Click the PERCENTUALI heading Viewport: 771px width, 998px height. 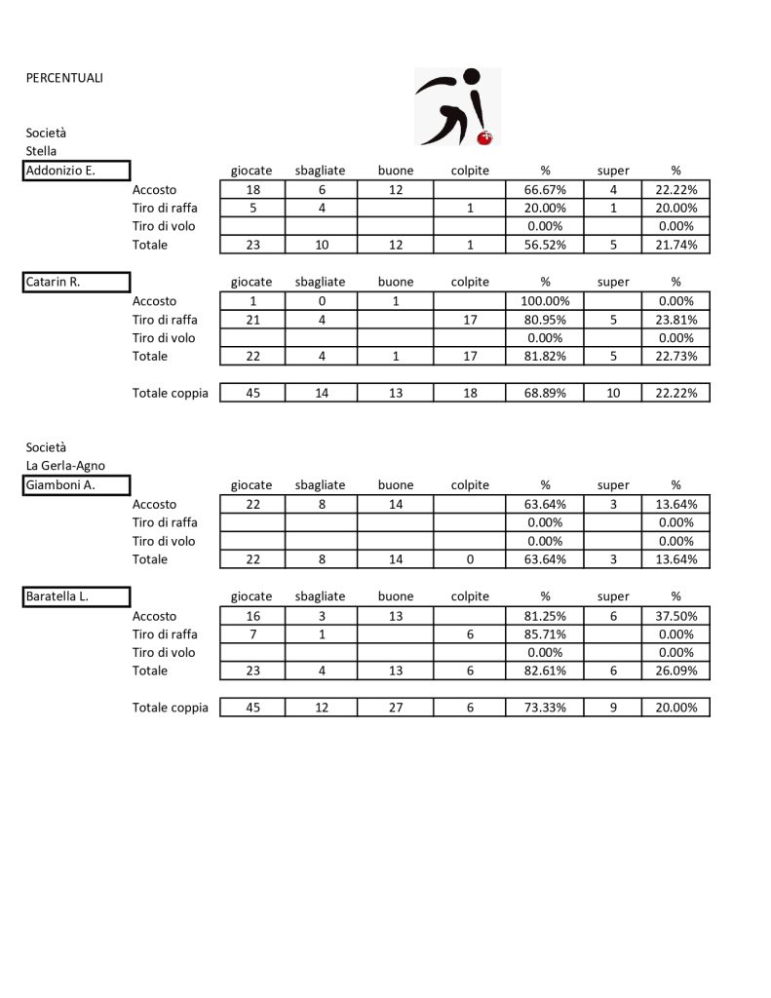click(x=64, y=78)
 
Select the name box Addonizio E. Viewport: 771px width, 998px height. click(x=77, y=172)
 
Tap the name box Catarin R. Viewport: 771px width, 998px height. click(x=77, y=283)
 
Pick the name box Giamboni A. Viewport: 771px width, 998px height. click(x=77, y=485)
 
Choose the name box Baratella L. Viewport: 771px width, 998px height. click(x=77, y=596)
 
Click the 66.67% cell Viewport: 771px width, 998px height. click(x=545, y=190)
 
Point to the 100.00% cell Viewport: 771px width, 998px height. click(x=545, y=301)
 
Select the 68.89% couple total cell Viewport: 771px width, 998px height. click(x=545, y=394)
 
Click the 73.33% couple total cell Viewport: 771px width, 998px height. click(x=545, y=708)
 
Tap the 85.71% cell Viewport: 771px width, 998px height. click(x=545, y=634)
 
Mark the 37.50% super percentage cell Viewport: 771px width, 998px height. click(x=675, y=616)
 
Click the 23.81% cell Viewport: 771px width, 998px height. click(x=675, y=320)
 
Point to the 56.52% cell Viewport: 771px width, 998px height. click(x=545, y=245)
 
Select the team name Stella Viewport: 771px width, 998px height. click(x=41, y=151)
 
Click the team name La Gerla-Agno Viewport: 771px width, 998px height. click(x=65, y=465)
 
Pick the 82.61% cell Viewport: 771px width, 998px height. click(x=545, y=671)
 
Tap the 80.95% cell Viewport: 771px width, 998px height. click(x=545, y=320)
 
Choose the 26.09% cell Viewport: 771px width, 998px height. click(x=675, y=671)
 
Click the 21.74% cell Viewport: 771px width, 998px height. click(x=675, y=245)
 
